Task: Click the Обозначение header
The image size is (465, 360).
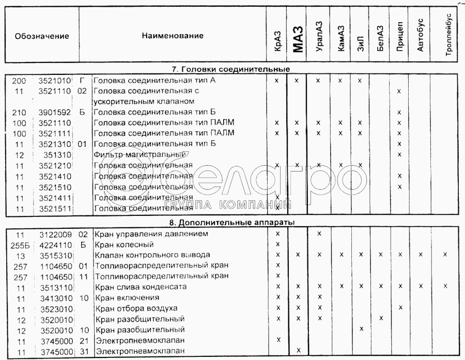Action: tap(42, 36)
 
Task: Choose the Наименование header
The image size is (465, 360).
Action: tap(172, 36)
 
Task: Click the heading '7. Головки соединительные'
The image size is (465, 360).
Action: tap(231, 69)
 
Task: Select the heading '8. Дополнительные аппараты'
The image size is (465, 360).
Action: tap(230, 222)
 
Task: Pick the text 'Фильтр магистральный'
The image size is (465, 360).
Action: tap(139, 154)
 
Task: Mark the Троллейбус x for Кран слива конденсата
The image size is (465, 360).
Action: tap(445, 286)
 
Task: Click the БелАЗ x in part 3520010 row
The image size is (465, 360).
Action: tap(380, 318)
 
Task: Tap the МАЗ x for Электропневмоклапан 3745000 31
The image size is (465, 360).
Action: tap(298, 350)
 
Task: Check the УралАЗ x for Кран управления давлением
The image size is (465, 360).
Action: tap(319, 233)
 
